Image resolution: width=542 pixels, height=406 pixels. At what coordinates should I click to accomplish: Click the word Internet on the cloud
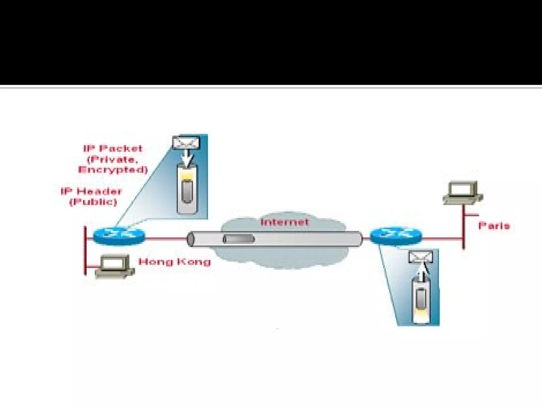click(x=284, y=222)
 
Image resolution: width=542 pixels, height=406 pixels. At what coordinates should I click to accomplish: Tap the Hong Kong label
click(x=175, y=262)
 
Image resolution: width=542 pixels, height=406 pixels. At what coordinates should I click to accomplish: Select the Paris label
click(x=494, y=226)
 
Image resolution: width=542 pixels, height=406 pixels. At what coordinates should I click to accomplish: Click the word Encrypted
click(x=113, y=169)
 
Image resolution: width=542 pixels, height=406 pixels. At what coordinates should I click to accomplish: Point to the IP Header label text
click(x=91, y=191)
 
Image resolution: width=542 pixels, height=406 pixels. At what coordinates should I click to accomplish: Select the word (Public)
click(x=93, y=202)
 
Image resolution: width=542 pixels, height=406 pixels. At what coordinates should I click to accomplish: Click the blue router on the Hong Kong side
click(x=119, y=236)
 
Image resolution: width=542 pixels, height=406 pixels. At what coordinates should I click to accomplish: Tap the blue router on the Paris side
click(x=396, y=236)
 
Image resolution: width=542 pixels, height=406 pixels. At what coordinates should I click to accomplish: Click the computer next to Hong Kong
click(x=114, y=266)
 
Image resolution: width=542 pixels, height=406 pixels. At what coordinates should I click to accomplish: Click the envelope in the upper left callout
click(x=186, y=143)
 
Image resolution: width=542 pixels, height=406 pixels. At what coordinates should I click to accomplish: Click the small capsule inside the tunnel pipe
click(x=239, y=239)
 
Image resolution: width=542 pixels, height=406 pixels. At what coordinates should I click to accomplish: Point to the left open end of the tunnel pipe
click(x=190, y=239)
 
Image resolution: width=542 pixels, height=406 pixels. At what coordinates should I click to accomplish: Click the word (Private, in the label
click(x=112, y=159)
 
